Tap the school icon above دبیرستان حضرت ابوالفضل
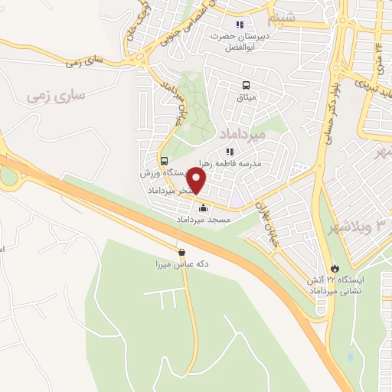coord(240,24)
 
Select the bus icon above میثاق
coord(247,86)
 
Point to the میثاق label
coord(247,98)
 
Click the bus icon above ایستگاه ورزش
coord(164,161)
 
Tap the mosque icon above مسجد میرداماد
coord(203,207)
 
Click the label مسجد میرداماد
coord(204,220)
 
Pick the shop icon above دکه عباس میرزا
coord(181,252)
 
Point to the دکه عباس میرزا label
coord(182,264)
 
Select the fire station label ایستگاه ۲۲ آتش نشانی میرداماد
coord(337,285)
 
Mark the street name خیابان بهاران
coord(264,217)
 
